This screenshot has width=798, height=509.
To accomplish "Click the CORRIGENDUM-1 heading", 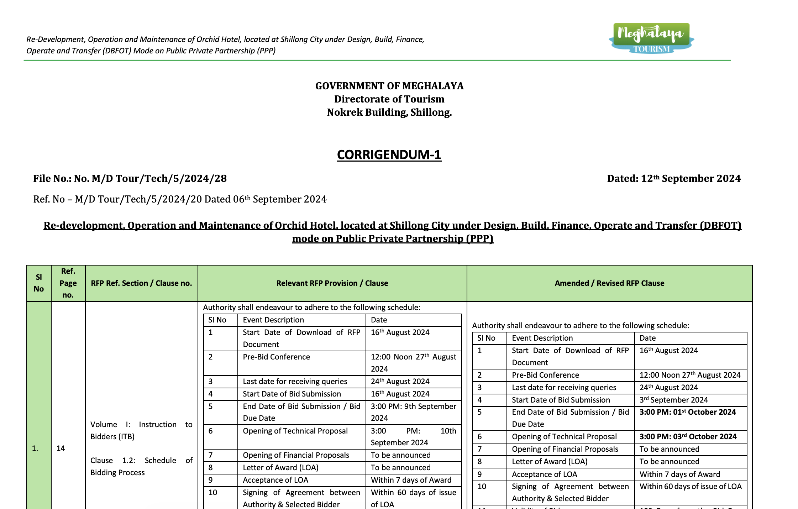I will pyautogui.click(x=389, y=155).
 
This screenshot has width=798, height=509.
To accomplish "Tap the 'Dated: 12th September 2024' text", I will pyautogui.click(x=673, y=179).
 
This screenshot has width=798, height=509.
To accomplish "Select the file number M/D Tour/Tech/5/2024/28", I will pyautogui.click(x=130, y=179).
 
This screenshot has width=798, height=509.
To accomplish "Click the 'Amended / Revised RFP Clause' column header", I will pyautogui.click(x=609, y=283).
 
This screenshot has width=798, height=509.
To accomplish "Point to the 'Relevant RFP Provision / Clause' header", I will pyautogui.click(x=332, y=283).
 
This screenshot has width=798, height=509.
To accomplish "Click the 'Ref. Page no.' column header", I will pyautogui.click(x=68, y=283).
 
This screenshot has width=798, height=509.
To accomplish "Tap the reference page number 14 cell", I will pyautogui.click(x=61, y=448).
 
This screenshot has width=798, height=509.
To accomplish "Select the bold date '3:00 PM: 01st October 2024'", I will pyautogui.click(x=687, y=412).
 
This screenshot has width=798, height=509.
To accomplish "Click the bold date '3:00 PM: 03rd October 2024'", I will pyautogui.click(x=688, y=437).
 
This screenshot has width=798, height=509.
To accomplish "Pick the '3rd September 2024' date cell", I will pyautogui.click(x=673, y=400).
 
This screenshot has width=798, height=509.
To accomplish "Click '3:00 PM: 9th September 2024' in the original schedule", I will pyautogui.click(x=413, y=412).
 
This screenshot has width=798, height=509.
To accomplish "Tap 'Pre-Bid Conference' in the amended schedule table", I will pyautogui.click(x=545, y=375).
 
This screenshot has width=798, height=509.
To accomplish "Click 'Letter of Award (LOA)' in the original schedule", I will pyautogui.click(x=280, y=468).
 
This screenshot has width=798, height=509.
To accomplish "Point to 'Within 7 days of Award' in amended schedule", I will pyautogui.click(x=679, y=474).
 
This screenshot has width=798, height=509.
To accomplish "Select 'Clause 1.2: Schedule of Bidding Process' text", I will pyautogui.click(x=141, y=467).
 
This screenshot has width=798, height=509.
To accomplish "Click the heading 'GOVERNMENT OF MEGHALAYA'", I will pyautogui.click(x=389, y=86).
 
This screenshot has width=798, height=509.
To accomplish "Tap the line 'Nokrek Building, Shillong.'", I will pyautogui.click(x=389, y=112).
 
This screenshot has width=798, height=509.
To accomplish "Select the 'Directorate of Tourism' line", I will pyautogui.click(x=389, y=99).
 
